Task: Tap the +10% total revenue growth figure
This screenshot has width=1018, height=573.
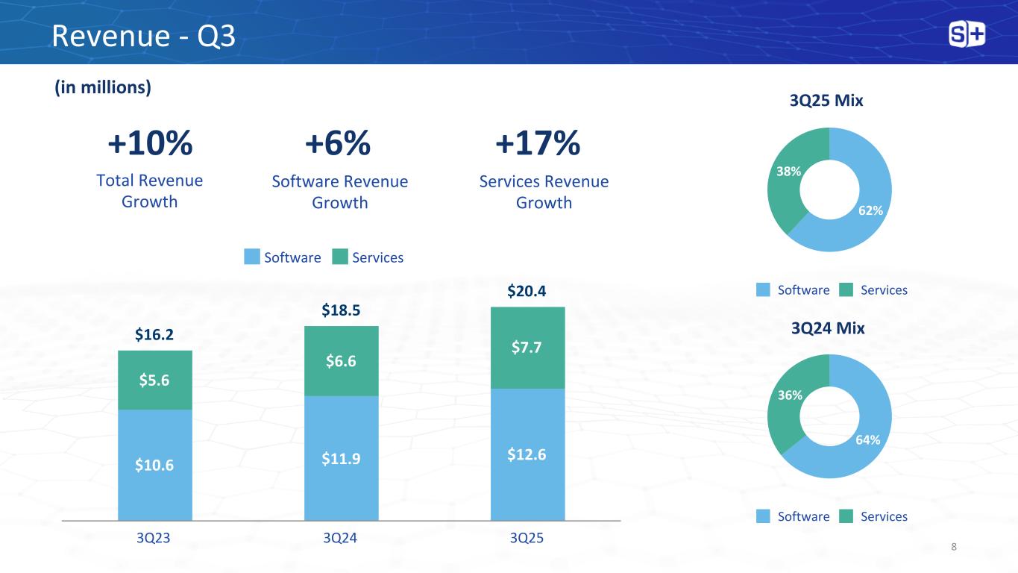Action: [x=150, y=143]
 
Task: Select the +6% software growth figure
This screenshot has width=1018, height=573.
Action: [x=339, y=143]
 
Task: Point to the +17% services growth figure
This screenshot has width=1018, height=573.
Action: [x=538, y=143]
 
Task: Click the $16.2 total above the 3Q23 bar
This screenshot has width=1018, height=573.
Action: [x=154, y=336]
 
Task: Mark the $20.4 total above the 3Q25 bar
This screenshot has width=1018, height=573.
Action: [x=527, y=291]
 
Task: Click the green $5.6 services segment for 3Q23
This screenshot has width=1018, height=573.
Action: [x=154, y=380]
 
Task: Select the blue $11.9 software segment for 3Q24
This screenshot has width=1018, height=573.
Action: [x=341, y=457]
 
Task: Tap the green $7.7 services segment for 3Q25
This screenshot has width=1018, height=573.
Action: [x=527, y=347]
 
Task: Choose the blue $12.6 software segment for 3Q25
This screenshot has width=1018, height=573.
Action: [x=527, y=454]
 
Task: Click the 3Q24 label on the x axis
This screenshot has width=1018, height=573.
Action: [x=341, y=539]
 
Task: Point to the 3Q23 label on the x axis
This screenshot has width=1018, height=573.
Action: [x=154, y=539]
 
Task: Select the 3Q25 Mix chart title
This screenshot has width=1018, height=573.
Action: [x=826, y=101]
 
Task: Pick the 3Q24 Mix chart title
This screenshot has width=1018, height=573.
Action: [x=826, y=328]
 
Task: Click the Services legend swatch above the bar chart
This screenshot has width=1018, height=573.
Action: [x=340, y=257]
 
